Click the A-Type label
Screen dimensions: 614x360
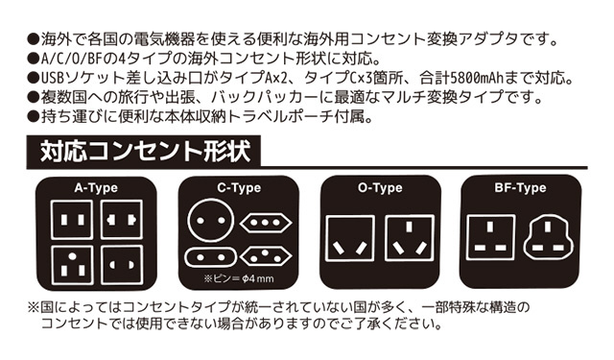click(96, 188)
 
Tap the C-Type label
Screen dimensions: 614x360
click(239, 188)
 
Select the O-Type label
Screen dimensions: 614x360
click(380, 188)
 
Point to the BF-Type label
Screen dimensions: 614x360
click(520, 188)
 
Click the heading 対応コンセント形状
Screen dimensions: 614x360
click(145, 152)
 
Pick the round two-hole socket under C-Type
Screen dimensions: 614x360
click(211, 221)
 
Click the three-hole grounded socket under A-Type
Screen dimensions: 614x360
click(73, 265)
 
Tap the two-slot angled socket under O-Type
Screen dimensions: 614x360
click(350, 238)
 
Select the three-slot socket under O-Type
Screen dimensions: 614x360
click(410, 238)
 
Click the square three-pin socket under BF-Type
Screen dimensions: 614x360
click(490, 237)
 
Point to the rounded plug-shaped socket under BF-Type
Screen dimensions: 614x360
click(548, 238)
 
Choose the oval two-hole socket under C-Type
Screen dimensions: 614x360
click(211, 257)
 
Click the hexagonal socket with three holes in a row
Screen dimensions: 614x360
click(266, 223)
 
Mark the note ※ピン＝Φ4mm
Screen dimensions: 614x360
click(239, 279)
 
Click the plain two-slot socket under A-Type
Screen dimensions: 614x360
click(73, 220)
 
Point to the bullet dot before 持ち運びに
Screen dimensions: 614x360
click(33, 117)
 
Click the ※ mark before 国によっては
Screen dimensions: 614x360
click(33, 307)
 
